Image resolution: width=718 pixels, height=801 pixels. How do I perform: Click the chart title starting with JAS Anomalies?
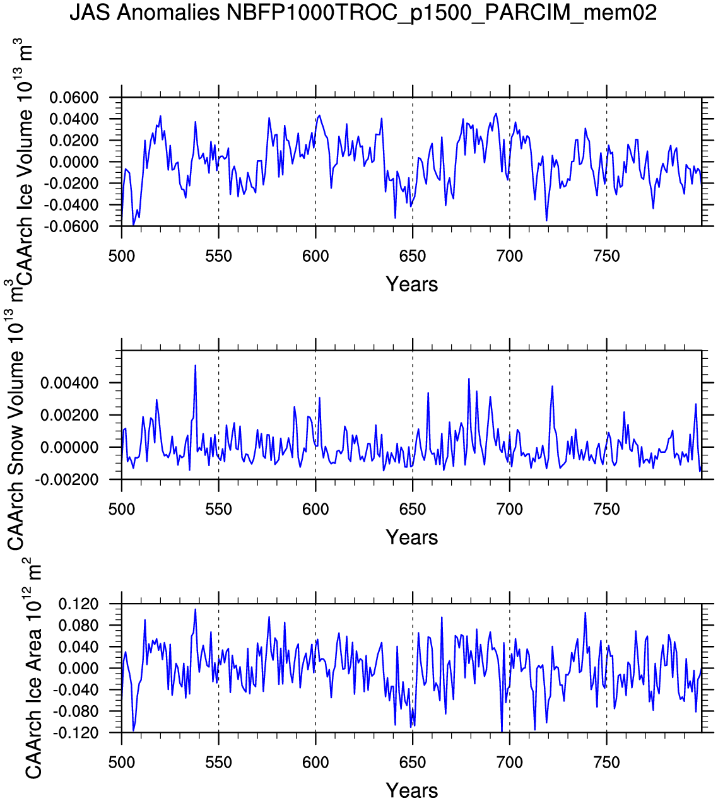[x=363, y=12]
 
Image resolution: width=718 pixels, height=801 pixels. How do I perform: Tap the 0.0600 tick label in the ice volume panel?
[x=74, y=98]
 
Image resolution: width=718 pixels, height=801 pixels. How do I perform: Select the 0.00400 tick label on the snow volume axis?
[x=69, y=383]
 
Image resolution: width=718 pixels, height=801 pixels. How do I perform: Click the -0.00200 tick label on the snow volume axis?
[x=67, y=480]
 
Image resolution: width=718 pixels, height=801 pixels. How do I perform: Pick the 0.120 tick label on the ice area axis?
[x=79, y=604]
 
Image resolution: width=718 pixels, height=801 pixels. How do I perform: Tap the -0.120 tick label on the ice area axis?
[x=76, y=733]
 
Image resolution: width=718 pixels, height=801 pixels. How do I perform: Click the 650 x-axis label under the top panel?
[x=412, y=256]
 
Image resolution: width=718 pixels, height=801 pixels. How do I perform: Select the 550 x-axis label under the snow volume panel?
[x=218, y=510]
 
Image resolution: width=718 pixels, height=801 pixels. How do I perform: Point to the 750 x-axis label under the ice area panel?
[x=606, y=763]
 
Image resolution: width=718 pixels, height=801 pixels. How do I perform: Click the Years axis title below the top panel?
[x=412, y=284]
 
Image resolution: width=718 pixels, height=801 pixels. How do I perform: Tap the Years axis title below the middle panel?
[x=412, y=537]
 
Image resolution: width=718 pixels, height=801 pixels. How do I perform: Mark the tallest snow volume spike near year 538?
[x=196, y=365]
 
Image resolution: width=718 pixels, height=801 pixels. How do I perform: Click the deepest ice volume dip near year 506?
[x=133, y=225]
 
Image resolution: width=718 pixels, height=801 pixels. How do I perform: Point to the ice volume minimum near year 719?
[x=546, y=220]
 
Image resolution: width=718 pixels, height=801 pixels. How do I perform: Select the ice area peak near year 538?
[x=196, y=609]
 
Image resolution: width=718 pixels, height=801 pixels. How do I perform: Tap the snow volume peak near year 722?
[x=552, y=386]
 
